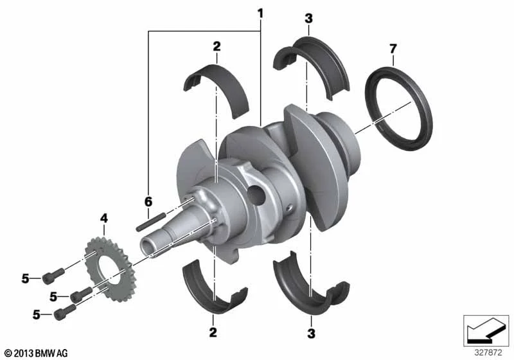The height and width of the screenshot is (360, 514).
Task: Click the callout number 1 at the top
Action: [260, 14]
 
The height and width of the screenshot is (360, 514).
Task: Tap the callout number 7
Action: [393, 49]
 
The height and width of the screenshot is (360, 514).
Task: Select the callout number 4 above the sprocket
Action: [103, 218]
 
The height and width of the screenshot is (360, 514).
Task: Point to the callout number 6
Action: [148, 202]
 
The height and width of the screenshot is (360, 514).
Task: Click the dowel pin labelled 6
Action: [151, 222]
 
